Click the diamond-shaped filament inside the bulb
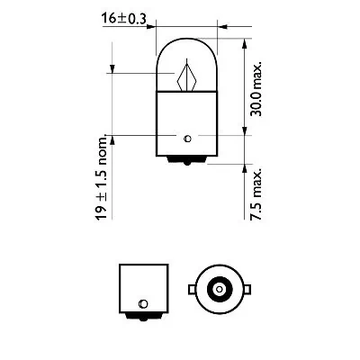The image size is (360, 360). [x=187, y=76]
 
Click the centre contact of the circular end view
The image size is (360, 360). [x=217, y=289]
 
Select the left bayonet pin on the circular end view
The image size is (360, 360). [x=192, y=289]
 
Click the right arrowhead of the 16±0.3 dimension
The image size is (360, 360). [x=215, y=27]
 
